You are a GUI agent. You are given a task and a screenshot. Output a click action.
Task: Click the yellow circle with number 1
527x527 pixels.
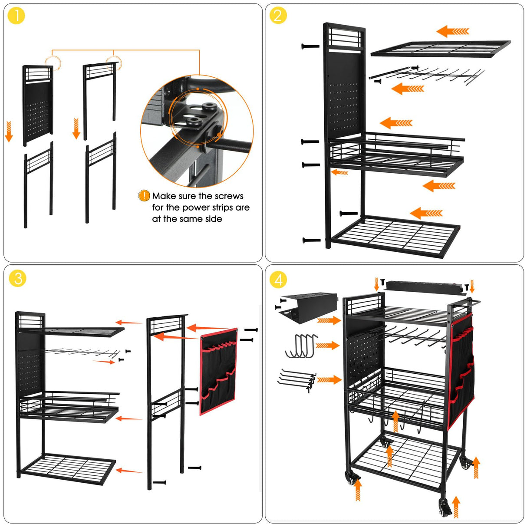[x=16, y=16]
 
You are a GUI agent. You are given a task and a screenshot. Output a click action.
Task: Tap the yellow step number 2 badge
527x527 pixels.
[x=278, y=16]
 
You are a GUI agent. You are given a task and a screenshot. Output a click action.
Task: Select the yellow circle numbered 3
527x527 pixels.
[x=17, y=278]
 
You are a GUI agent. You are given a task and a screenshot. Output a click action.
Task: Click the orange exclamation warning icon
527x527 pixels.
[x=144, y=196]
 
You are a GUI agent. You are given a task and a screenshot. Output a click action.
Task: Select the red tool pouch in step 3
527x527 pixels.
[x=219, y=372]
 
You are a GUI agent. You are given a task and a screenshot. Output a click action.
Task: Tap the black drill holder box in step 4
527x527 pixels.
[x=309, y=306]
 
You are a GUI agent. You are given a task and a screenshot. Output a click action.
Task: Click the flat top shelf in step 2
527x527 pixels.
[x=440, y=49]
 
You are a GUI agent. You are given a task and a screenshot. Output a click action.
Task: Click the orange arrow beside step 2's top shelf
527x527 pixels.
[x=452, y=31]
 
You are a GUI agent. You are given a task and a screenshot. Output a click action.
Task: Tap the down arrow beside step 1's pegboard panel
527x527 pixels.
[x=9, y=132]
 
